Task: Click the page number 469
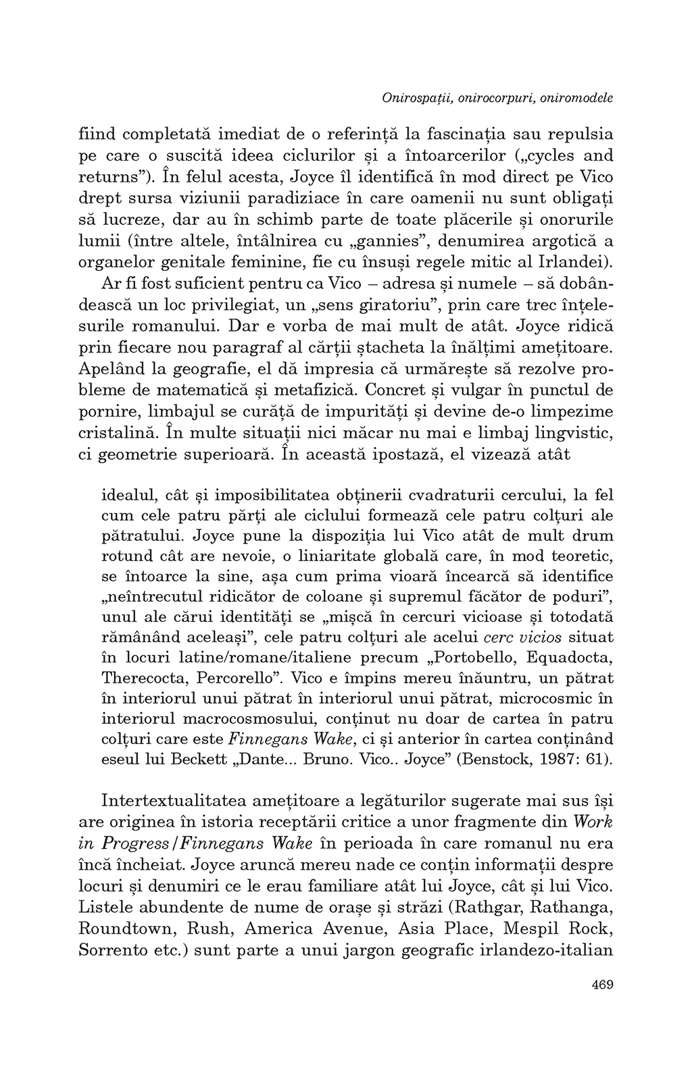(601, 985)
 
